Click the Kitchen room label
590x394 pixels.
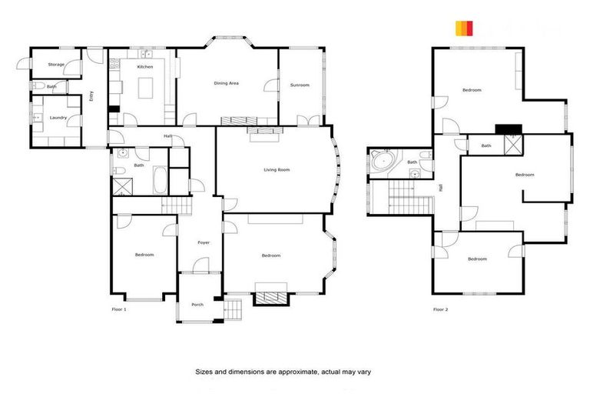coord(144,67)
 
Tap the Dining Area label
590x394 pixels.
coord(226,82)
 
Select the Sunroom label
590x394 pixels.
coord(300,85)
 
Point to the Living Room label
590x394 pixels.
coord(276,169)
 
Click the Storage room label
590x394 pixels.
coord(56,65)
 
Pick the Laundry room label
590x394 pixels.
coord(58,118)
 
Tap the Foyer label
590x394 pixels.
coord(204,242)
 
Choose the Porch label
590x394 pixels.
coord(197,305)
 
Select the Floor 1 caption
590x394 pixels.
coord(119,309)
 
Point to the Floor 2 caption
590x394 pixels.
coord(439,309)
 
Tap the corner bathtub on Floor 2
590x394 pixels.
coord(382,162)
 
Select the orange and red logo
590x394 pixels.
coord(463,28)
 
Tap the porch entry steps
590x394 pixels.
coord(234,310)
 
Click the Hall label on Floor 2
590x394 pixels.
coord(441,187)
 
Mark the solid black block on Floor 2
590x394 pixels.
coord(508,129)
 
